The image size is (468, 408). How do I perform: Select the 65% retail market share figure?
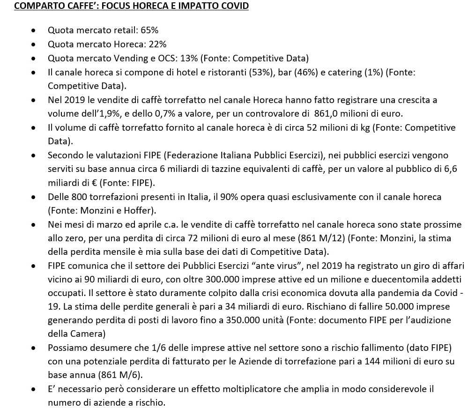click(149, 30)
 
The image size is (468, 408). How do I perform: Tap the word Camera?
click(93, 334)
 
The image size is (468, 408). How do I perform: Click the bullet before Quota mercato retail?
click(33, 30)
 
